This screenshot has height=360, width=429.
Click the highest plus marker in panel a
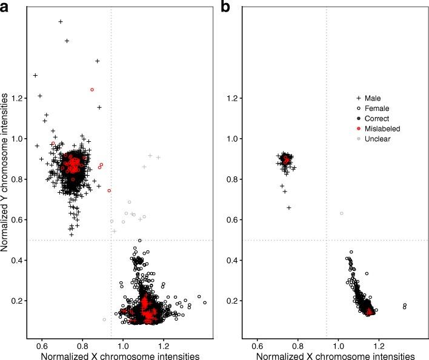(61, 21)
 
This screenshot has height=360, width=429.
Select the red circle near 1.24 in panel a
(92, 90)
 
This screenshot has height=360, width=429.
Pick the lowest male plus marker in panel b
(289, 207)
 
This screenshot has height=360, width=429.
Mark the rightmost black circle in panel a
(205, 302)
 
